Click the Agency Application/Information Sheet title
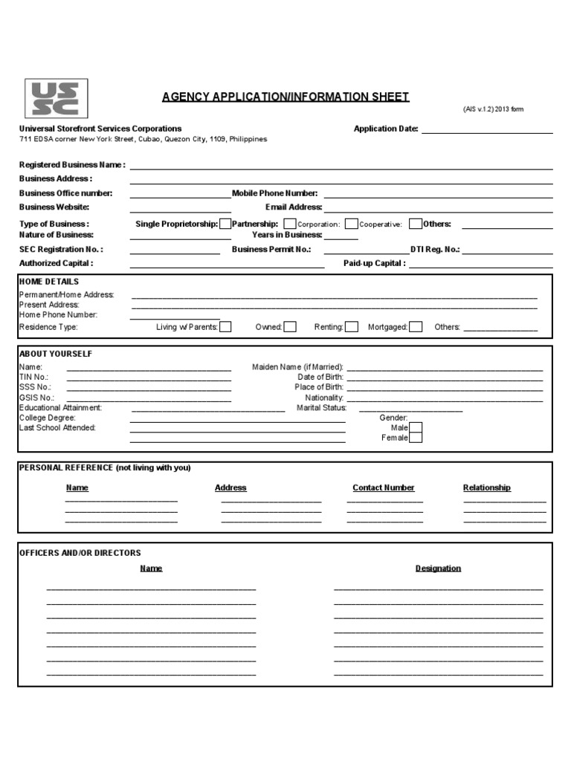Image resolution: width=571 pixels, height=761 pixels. pos(285,97)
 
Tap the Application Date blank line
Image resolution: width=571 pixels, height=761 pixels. pos(487,129)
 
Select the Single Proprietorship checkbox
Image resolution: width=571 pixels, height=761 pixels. pos(225,224)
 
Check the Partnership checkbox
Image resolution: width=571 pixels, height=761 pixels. pos(289,224)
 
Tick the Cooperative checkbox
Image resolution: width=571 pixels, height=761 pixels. pos(416,224)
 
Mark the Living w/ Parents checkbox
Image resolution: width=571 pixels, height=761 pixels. pos(225,326)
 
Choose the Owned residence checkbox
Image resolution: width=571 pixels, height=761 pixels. pos(290,326)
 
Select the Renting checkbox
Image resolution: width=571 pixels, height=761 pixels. pos(352,326)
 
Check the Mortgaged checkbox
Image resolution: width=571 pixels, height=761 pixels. pos(416,326)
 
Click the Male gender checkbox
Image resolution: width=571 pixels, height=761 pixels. pos(416,427)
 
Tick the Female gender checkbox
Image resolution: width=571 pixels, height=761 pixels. pos(416,438)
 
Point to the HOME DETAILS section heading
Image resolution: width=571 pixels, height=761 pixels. pos(49,282)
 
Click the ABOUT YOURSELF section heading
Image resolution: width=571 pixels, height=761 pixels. pos(56,354)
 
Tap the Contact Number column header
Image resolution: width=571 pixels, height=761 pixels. pos(384,488)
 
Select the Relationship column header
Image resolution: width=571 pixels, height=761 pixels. pos(487,488)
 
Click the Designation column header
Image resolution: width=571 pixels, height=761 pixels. pos(438,569)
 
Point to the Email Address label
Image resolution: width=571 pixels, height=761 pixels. pos(294,207)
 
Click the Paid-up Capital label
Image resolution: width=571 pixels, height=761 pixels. pos(375,263)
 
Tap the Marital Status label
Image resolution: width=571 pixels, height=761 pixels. pos(322,408)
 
